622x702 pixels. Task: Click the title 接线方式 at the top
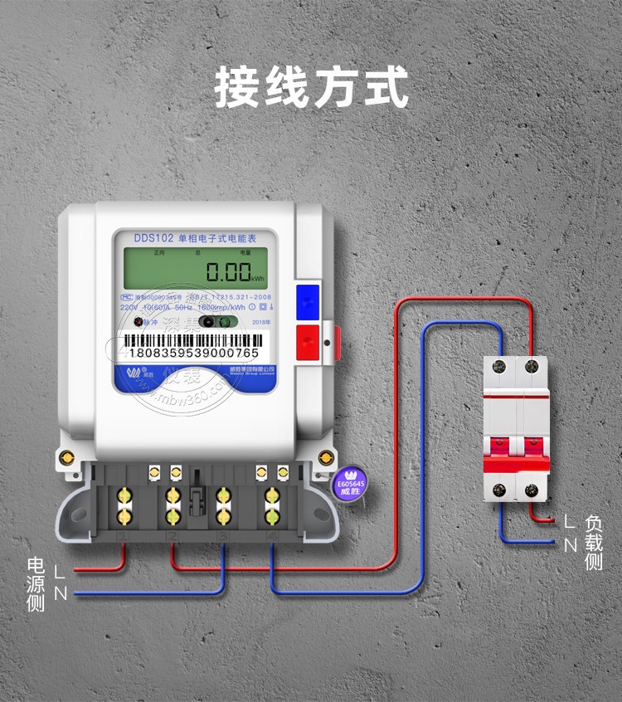311,87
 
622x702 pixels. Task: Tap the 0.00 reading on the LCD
228,271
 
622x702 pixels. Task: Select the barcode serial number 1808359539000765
194,353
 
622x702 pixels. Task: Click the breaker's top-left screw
500,365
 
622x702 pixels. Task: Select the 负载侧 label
594,543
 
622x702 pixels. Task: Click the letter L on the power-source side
58,572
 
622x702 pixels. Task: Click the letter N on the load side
570,544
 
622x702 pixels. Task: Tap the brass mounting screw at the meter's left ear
66,456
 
